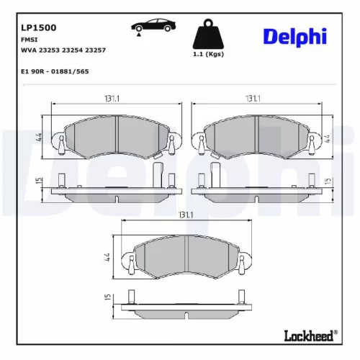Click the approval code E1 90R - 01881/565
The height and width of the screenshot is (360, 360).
coord(56,72)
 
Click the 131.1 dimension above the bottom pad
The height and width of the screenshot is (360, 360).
coord(186,215)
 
